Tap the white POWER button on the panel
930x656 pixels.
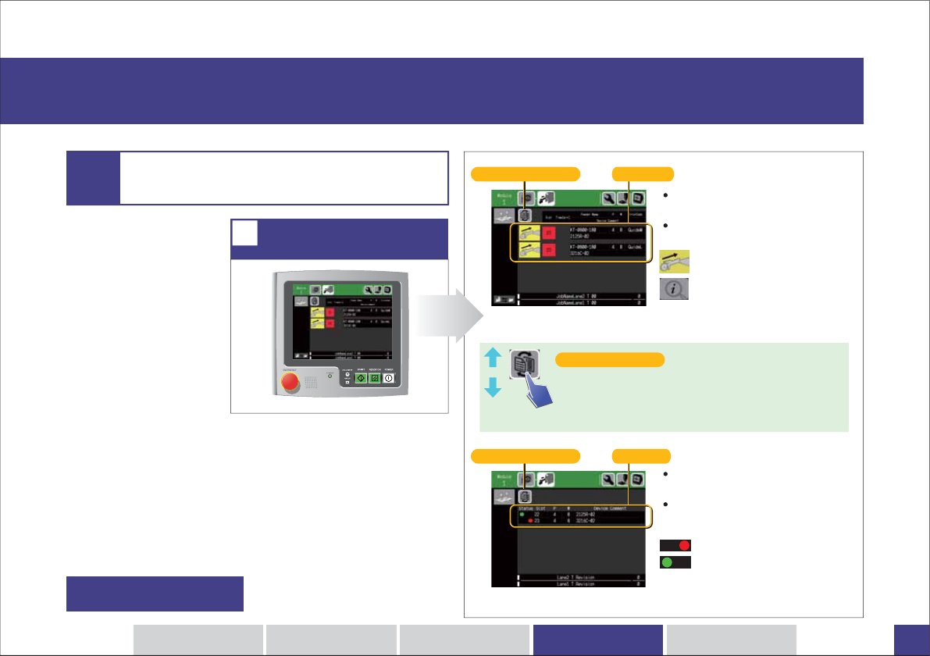[388, 378]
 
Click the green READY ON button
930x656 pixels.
[375, 378]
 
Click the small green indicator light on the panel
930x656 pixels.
[330, 376]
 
